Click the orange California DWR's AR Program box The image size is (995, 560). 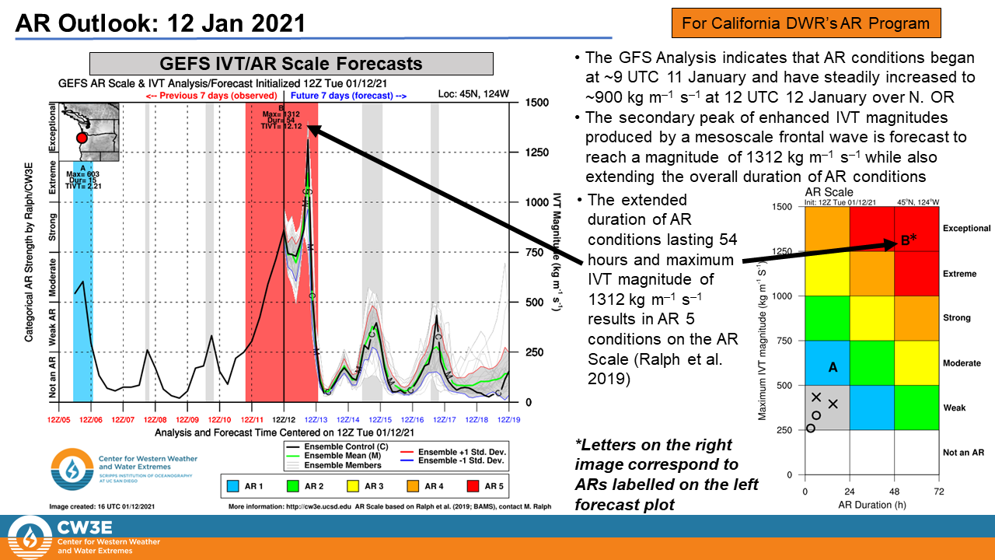coord(805,23)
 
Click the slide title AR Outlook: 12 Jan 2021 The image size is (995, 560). coord(161,23)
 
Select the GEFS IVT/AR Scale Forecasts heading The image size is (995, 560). coord(292,64)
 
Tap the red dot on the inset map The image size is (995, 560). coord(82,138)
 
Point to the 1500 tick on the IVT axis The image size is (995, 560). coord(539,103)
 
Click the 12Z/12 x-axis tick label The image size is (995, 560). coord(283,419)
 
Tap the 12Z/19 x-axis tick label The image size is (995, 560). coord(508,419)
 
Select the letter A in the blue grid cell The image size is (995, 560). coord(833,368)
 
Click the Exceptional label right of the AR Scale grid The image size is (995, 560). coord(966,229)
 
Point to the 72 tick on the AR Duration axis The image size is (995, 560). coord(938,492)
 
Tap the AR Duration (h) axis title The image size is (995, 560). coord(872,506)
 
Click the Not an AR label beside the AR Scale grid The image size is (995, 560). coord(964,452)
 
